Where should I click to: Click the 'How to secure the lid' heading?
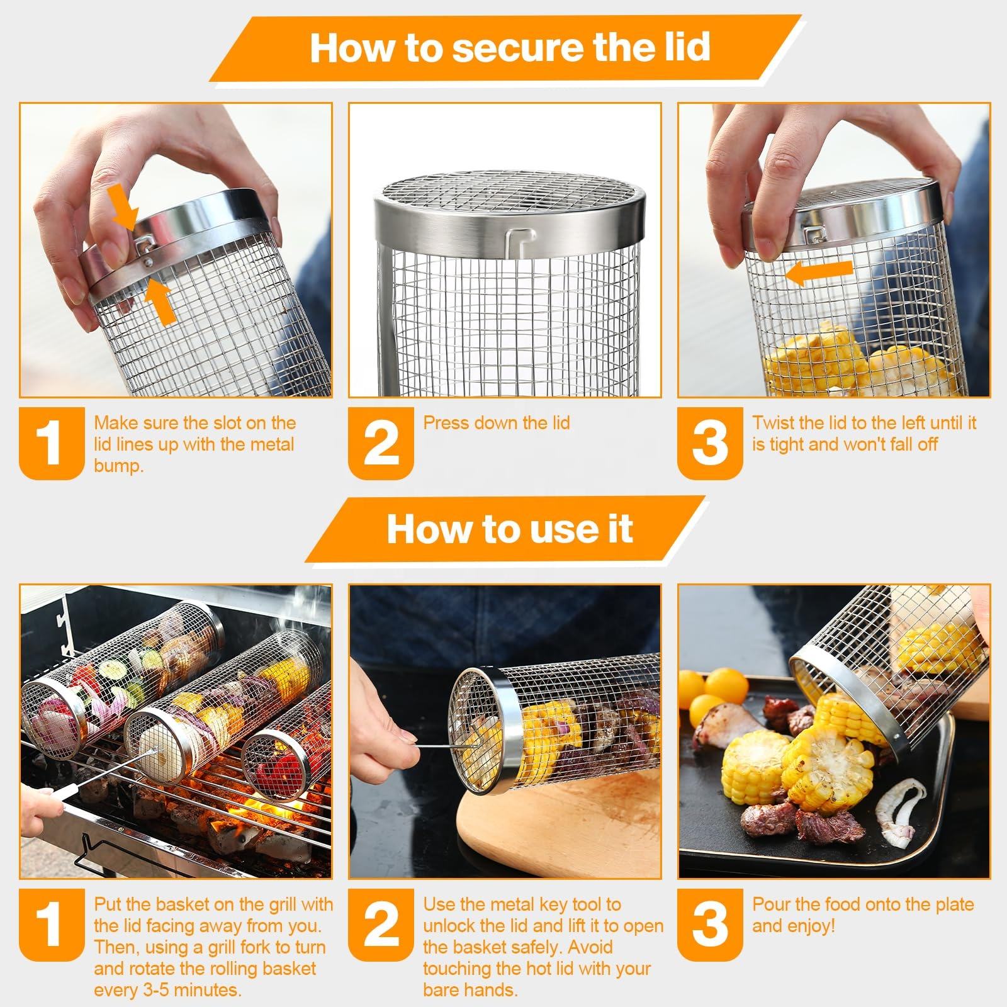click(x=510, y=47)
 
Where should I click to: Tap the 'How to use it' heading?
click(x=509, y=529)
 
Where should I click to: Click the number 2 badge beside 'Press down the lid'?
click(x=381, y=442)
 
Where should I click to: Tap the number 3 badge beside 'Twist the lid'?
click(x=710, y=442)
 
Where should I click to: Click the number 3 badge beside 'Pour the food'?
click(x=710, y=924)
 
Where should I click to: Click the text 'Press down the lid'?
click(x=497, y=422)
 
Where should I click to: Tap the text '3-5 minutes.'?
click(x=167, y=989)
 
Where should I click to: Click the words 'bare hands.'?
click(x=471, y=989)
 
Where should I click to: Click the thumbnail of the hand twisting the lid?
click(x=833, y=250)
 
